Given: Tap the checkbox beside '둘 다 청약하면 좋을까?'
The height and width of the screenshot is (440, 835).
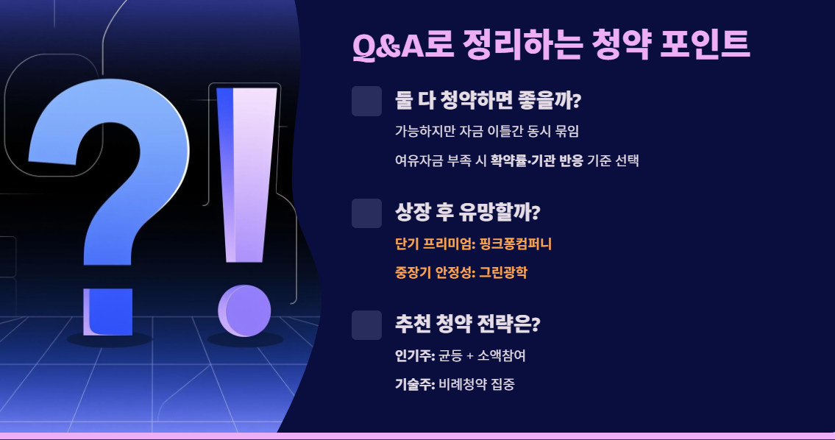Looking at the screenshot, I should pos(366,102).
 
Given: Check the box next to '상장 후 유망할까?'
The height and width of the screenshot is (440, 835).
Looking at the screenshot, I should pos(366,213).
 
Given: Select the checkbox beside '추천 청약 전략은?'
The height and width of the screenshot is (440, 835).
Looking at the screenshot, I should pos(366,325).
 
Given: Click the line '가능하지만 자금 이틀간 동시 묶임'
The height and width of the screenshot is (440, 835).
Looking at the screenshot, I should pos(487,132).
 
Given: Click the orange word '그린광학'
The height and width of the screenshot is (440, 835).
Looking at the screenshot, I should pos(503,272).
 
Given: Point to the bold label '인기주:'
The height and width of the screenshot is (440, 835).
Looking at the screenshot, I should pos(415,356).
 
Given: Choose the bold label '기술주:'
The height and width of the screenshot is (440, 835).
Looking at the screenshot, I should pos(415,384).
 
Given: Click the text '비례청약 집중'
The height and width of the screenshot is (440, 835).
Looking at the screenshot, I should pos(477,384).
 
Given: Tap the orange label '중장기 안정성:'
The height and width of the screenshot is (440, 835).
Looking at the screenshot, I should pos(435,272).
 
